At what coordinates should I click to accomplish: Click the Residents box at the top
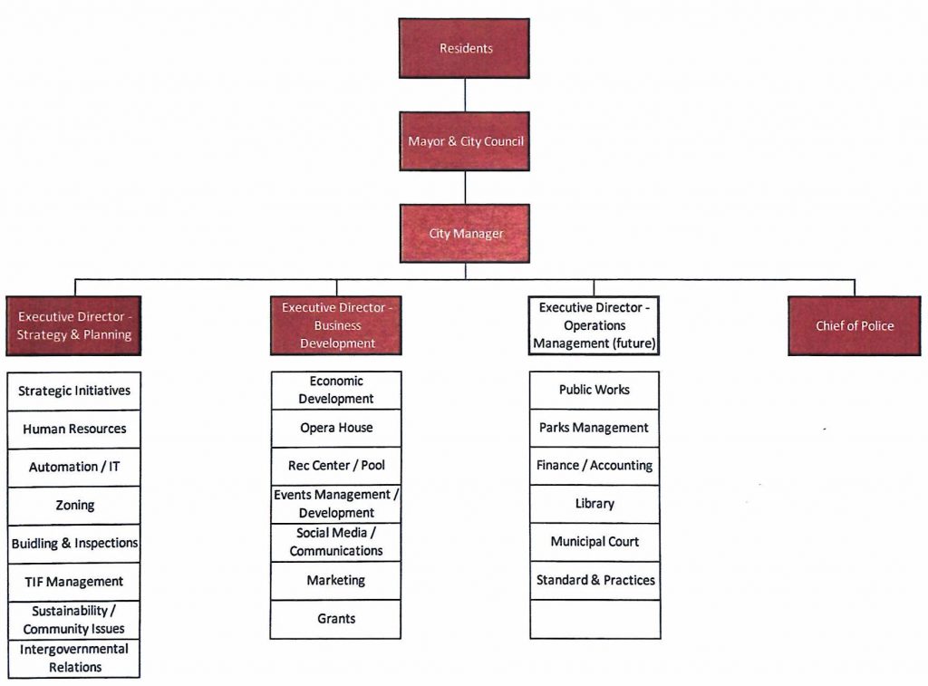(464, 48)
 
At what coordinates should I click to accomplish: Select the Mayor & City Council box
(465, 140)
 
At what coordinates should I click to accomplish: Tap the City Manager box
(465, 233)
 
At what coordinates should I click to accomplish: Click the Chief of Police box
(854, 325)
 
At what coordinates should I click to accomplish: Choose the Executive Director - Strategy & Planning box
(74, 325)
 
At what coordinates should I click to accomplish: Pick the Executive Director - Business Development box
(336, 325)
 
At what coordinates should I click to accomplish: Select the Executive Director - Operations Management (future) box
(594, 325)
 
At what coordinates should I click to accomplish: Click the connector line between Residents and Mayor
(465, 95)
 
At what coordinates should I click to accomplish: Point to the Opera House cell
(336, 428)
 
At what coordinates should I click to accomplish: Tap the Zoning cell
(74, 506)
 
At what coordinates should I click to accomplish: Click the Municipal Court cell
(594, 542)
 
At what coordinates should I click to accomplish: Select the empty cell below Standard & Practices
(594, 619)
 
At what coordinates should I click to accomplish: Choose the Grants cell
(335, 619)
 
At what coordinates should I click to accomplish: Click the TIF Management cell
(74, 582)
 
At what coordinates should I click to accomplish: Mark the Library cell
(594, 504)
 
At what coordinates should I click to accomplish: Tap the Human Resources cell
(74, 430)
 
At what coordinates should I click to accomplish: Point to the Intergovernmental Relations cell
(74, 658)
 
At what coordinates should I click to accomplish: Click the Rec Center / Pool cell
(336, 466)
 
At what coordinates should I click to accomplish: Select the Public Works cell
(594, 390)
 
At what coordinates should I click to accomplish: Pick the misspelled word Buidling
(35, 544)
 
